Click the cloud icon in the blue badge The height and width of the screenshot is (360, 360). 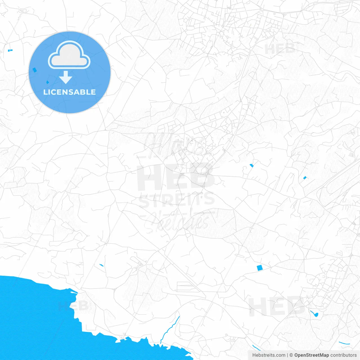pos(69,55)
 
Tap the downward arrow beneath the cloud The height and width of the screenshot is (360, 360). pos(66,77)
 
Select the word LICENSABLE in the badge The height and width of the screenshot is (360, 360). pos(69,92)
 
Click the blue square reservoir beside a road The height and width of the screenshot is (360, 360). pos(259,268)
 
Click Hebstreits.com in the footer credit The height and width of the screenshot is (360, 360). pos(269,355)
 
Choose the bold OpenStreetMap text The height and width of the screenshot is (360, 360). pos(311,355)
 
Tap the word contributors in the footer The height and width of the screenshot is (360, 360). pos(343,355)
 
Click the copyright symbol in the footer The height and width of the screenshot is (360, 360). pos(291,355)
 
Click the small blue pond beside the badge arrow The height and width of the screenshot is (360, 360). pos(47,82)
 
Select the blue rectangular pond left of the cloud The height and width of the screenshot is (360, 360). pos(35,70)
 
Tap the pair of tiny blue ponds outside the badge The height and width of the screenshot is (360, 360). pos(10,50)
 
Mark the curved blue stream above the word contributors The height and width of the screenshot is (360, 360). pos(344,343)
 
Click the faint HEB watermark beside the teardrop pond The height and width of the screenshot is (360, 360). pos(277,306)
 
